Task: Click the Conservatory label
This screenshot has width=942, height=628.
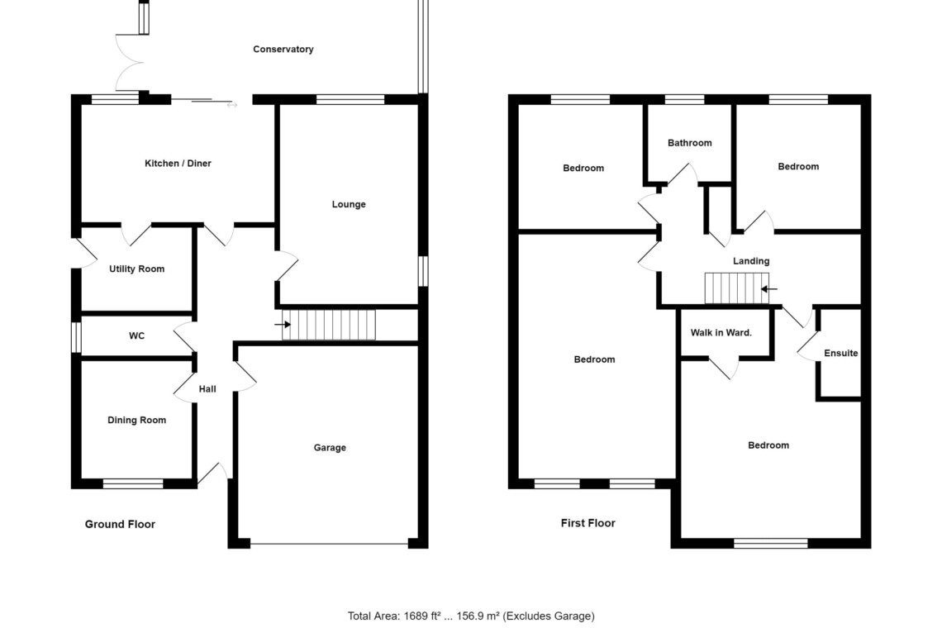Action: point(283,50)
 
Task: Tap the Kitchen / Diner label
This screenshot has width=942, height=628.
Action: point(178,164)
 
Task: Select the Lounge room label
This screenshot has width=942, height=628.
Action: point(349,204)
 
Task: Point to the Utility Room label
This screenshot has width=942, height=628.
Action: point(136,269)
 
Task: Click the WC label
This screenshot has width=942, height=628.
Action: point(136,336)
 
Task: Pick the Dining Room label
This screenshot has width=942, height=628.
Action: point(136,420)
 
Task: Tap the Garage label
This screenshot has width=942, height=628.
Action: point(330,448)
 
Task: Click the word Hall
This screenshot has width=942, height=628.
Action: point(207,389)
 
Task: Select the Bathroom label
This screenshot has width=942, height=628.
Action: point(690,143)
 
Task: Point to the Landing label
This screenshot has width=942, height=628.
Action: point(751,261)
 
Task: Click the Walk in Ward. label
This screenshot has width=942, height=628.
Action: point(721,332)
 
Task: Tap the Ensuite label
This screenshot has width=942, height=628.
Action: point(841,354)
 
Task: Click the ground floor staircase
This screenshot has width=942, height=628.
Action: point(329,325)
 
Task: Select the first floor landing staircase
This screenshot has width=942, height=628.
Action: point(736,288)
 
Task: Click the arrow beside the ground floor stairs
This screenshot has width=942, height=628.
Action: point(283,325)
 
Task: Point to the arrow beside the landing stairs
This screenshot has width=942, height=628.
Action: point(769,289)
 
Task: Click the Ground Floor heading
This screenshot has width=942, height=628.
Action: point(120,524)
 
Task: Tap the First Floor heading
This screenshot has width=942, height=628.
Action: point(588,523)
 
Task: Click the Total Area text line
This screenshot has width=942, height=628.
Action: point(471,616)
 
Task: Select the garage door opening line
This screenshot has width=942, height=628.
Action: point(329,545)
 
